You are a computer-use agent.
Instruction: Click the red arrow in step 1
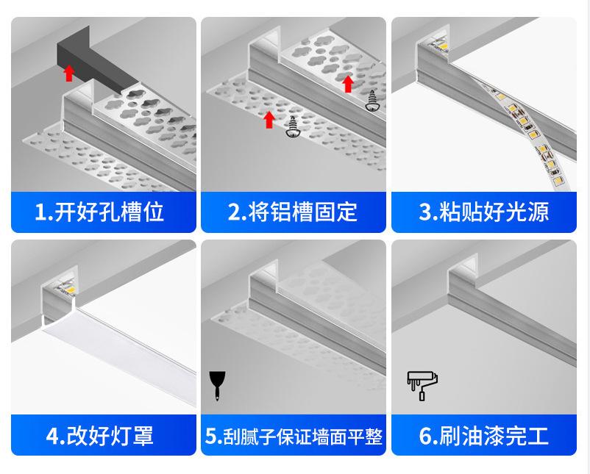69,72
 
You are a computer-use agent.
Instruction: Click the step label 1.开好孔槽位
99,212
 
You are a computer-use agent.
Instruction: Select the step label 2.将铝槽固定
293,212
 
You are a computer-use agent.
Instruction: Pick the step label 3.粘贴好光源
483,212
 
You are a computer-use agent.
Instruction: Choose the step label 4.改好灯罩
99,435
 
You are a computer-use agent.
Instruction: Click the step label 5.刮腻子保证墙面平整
293,436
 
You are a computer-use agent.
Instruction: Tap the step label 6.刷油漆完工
483,435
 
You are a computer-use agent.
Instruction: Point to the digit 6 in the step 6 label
425,436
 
